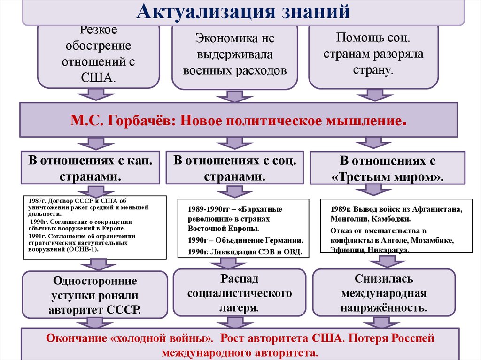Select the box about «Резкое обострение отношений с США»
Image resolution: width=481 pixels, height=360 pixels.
tap(98, 55)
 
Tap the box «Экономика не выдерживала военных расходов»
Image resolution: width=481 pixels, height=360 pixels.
tap(235, 55)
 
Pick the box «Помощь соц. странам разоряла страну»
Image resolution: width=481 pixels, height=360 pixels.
tap(373, 55)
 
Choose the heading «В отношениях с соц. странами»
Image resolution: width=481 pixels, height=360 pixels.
tap(235, 168)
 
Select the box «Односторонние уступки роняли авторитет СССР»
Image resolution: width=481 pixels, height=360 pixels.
tap(95, 295)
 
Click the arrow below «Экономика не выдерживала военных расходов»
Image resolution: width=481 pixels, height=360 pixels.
tap(231, 96)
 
